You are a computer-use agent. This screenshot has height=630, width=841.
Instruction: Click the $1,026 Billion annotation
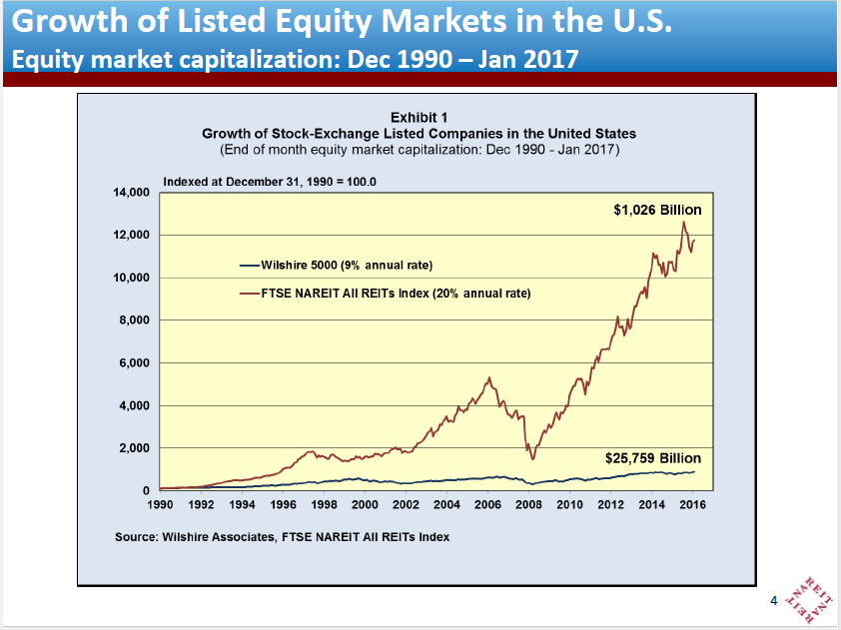656,210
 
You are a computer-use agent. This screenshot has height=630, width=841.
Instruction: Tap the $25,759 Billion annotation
653,458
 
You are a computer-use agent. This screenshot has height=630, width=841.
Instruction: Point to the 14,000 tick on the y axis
130,192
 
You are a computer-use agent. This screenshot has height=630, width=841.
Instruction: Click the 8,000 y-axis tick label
133,320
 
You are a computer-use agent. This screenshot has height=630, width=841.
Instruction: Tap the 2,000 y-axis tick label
133,448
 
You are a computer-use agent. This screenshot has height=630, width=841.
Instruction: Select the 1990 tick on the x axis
160,505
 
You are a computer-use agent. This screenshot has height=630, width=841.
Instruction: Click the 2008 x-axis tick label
528,505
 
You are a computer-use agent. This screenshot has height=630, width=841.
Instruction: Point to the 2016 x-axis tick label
692,505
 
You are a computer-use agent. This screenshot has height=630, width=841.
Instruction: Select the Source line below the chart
283,537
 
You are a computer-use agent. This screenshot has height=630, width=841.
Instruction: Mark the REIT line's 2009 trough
533,458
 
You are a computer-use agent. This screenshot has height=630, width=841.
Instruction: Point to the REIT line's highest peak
683,222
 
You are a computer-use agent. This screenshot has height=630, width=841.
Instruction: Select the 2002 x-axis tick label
406,505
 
